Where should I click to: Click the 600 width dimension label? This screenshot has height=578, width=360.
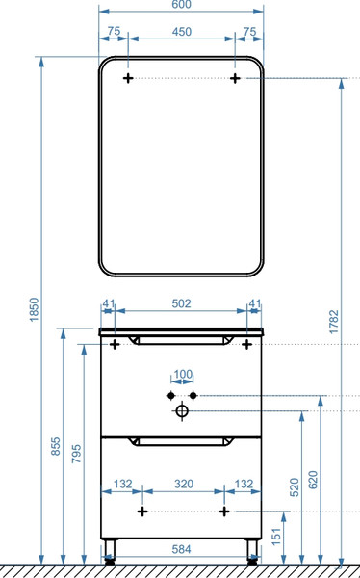tap(181, 4)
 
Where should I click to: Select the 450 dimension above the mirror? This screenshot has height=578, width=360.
tap(182, 32)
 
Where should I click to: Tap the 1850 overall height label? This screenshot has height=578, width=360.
tap(34, 309)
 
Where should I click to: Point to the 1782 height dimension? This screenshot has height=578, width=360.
tap(333, 322)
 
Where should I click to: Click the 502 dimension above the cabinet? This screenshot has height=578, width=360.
tap(182, 303)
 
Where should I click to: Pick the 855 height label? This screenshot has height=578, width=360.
tap(55, 446)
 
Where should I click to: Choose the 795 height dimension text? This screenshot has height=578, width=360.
tap(76, 454)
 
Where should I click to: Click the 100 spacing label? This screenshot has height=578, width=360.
tap(183, 375)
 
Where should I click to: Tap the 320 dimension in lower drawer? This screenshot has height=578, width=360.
tap(184, 484)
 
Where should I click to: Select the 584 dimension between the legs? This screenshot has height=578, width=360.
tap(181, 549)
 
